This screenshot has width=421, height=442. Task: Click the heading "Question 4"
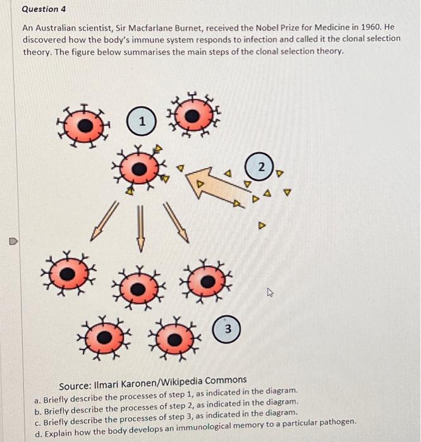pos(44,9)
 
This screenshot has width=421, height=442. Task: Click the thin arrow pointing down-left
pos(104,221)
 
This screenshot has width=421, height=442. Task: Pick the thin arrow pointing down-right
pos(176,222)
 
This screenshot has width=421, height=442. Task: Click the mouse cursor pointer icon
pos(271,292)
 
